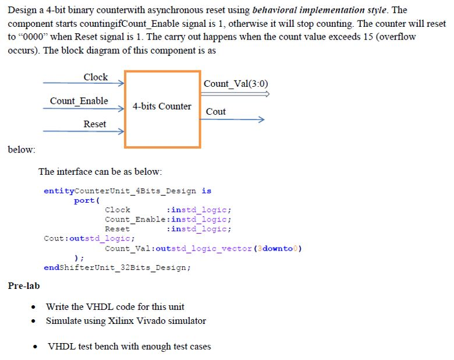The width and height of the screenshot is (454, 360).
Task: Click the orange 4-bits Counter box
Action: coord(162,108)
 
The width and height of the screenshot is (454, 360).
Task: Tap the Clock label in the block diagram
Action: coord(95,77)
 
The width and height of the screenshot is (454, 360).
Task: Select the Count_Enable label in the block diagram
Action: coord(79,101)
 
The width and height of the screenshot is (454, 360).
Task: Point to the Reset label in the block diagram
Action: coord(94,123)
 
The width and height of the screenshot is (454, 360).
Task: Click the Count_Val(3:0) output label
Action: coord(236,83)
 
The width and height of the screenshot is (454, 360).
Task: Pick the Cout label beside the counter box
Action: coord(215,111)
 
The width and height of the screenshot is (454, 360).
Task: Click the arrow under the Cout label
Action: coord(233,120)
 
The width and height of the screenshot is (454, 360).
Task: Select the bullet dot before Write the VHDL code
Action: coord(36,307)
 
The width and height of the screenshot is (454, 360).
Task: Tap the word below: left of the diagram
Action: coord(22,150)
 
